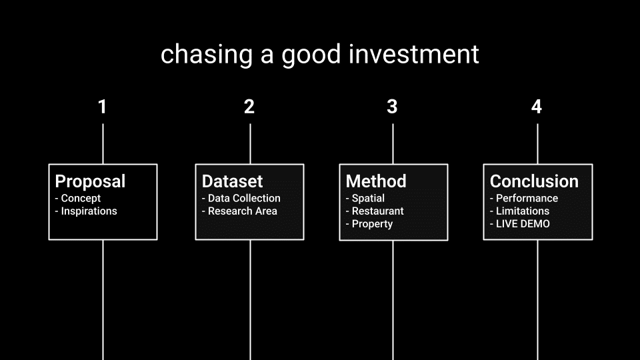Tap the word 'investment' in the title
414,54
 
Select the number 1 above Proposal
103,107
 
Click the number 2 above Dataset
249,107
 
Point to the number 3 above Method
392,107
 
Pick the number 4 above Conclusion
537,107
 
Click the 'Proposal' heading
90,181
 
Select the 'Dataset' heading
232,181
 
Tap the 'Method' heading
376,181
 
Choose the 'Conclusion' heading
534,181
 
